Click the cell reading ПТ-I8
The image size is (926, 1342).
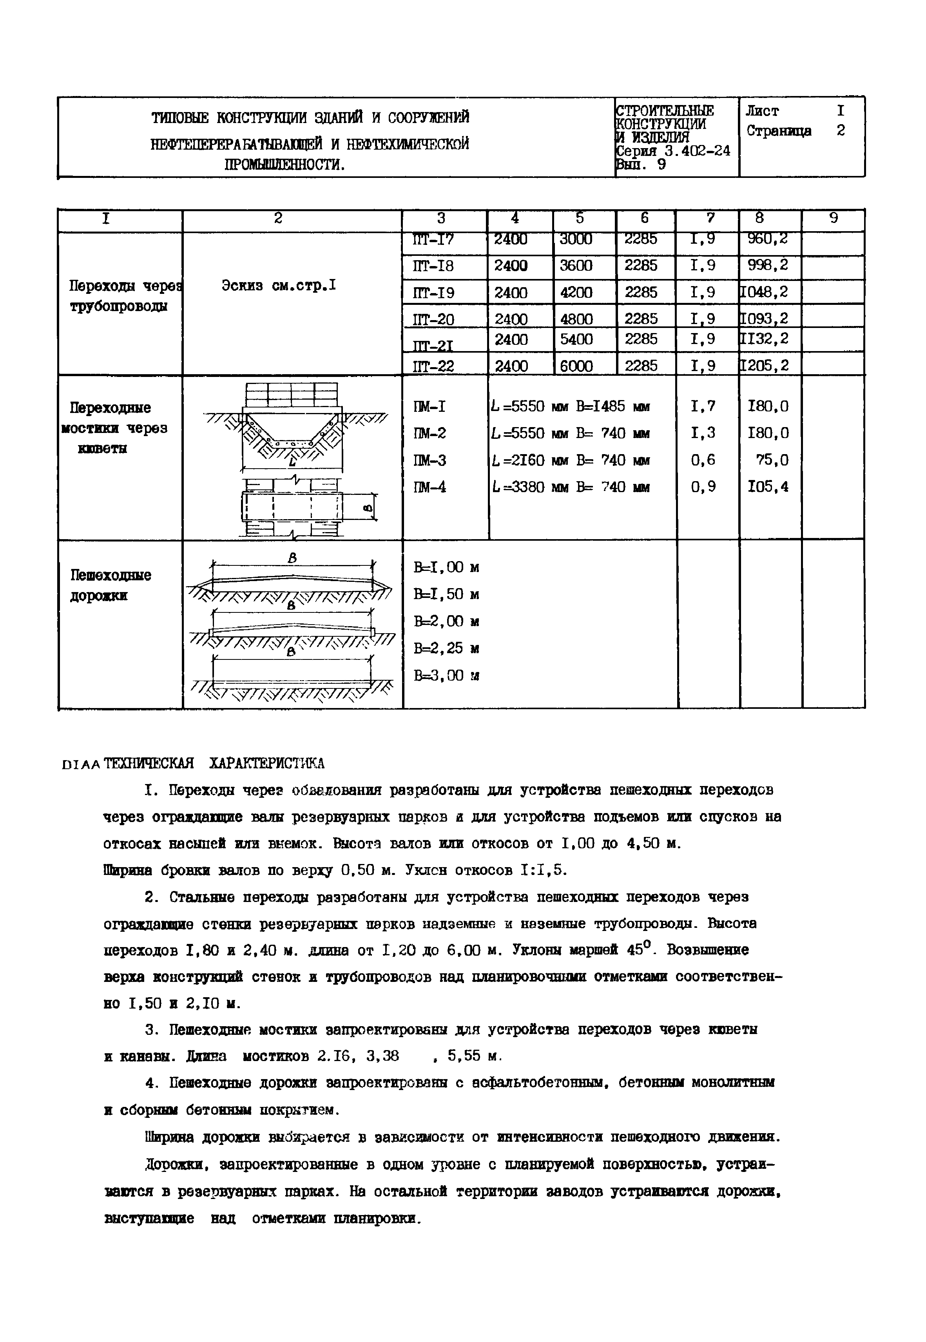coord(433,266)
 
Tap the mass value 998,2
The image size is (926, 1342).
coord(768,266)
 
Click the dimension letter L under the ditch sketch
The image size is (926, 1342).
coord(292,462)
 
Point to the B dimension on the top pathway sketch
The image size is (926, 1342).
coord(292,558)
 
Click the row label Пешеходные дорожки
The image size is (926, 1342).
coord(110,585)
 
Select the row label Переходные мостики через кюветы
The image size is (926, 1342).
coord(114,428)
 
